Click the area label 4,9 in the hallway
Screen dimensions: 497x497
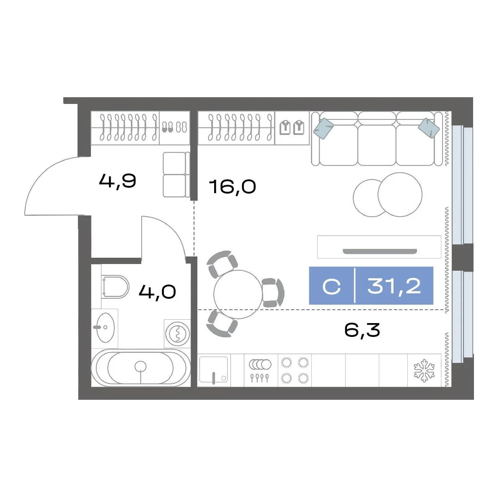118,181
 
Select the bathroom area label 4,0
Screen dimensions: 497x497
157,292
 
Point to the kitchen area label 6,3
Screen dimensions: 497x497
362,330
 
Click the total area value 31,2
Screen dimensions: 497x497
394,286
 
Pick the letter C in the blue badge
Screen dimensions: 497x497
331,286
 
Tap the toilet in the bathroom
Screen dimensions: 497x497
115,287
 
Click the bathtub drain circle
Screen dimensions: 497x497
140,367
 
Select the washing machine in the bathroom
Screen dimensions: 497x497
177,334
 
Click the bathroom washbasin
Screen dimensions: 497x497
105,327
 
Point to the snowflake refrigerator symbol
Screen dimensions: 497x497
424,370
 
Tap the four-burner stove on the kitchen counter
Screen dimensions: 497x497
295,370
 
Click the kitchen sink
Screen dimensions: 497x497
214,370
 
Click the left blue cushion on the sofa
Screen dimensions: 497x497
324,128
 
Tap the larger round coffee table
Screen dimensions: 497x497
400,194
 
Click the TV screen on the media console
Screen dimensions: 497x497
380,252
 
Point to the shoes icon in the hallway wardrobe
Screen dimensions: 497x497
175,127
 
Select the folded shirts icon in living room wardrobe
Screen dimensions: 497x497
292,127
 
